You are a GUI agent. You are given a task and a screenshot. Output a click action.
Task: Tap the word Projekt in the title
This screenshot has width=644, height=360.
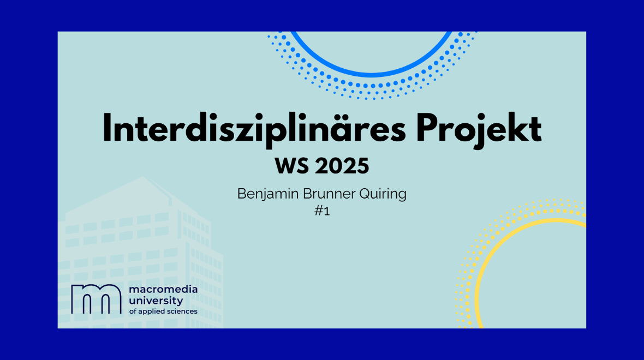point(479,129)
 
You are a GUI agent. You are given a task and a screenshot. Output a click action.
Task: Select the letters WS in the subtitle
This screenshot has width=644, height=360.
point(291,166)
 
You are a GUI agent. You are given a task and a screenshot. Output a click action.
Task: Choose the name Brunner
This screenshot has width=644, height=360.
point(330,194)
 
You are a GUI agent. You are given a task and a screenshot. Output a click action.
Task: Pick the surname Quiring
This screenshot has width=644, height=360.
point(383,194)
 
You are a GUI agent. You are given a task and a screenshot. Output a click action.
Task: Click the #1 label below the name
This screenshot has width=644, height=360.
point(322,211)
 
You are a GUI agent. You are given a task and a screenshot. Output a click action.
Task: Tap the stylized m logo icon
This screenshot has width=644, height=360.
point(96,299)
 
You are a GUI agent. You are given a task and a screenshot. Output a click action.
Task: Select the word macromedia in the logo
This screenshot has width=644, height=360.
point(163,290)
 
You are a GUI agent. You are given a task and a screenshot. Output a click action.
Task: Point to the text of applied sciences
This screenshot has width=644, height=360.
point(163,311)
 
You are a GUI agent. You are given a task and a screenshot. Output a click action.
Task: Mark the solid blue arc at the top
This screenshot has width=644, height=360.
point(372,74)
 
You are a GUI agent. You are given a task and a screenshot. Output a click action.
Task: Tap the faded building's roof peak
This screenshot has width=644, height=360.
point(142,177)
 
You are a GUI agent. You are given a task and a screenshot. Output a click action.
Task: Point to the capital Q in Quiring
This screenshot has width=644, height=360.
point(365,194)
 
